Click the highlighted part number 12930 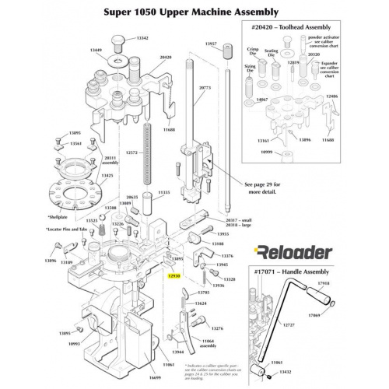point(173,275)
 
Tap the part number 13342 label point(142,37)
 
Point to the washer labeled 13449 point(121,61)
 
